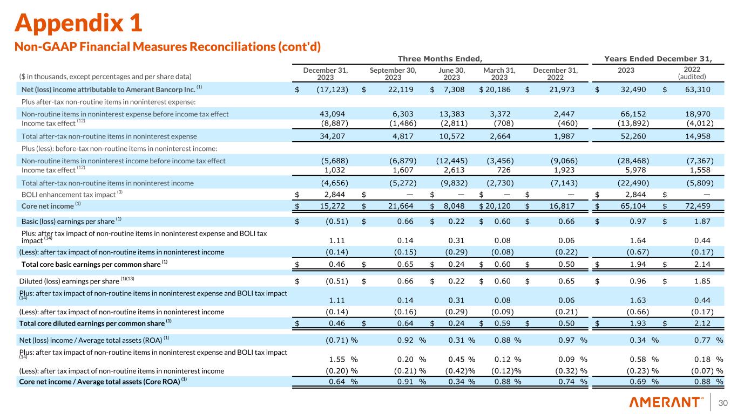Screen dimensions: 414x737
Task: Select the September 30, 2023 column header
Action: pos(393,73)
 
